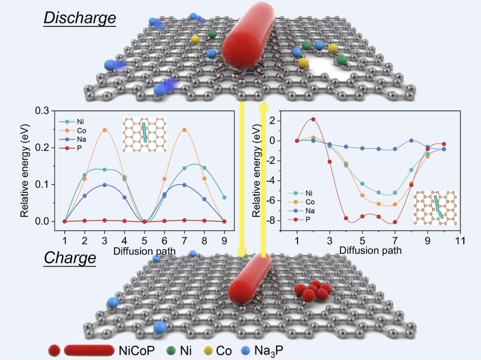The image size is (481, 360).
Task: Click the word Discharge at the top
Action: [80, 18]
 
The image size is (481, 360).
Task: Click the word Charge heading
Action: [70, 258]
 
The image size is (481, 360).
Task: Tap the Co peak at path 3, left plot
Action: [104, 130]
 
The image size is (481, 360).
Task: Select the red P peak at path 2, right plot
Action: [313, 119]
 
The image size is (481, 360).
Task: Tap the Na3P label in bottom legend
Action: [271, 350]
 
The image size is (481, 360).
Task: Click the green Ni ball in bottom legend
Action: [171, 350]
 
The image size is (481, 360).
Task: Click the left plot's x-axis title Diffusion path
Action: [145, 251]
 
